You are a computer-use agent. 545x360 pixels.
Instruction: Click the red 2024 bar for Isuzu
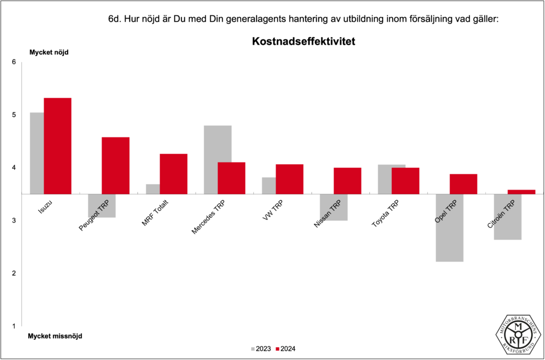(57, 146)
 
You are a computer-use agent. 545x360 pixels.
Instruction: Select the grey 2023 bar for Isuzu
(37, 153)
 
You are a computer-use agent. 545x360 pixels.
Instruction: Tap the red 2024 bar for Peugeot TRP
(115, 166)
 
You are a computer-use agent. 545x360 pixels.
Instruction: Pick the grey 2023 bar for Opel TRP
(449, 228)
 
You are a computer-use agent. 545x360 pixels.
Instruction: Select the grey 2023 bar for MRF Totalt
(153, 189)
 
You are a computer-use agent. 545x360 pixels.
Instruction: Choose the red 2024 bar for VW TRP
(290, 179)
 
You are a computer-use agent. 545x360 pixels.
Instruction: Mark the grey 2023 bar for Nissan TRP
(333, 207)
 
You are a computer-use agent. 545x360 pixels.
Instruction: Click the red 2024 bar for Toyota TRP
(406, 181)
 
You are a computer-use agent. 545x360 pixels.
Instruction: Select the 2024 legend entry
(285, 349)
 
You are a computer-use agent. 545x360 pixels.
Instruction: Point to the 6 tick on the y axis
(14, 62)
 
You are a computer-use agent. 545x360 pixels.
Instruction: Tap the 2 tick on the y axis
(14, 273)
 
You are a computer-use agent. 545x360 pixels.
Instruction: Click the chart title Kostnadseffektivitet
(303, 41)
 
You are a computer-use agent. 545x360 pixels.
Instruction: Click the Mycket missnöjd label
(55, 336)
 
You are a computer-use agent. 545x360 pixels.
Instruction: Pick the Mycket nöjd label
(49, 52)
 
